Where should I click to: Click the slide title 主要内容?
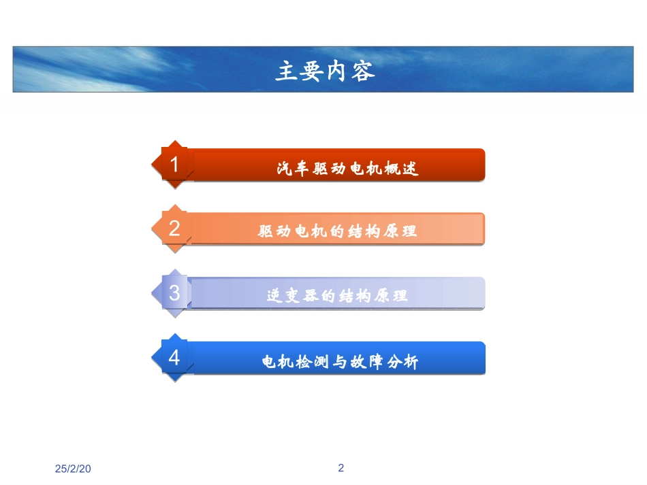tap(325, 71)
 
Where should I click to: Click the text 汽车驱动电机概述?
tap(347, 168)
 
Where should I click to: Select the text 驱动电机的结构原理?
tap(337, 231)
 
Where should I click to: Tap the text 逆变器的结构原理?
tap(337, 296)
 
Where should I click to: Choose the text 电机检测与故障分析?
tap(340, 362)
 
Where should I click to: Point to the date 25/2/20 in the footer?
tap(73, 469)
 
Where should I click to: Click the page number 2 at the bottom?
tap(341, 468)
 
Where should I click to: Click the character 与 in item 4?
tap(340, 362)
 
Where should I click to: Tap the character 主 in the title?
tap(285, 71)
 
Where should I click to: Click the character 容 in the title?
tap(364, 71)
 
